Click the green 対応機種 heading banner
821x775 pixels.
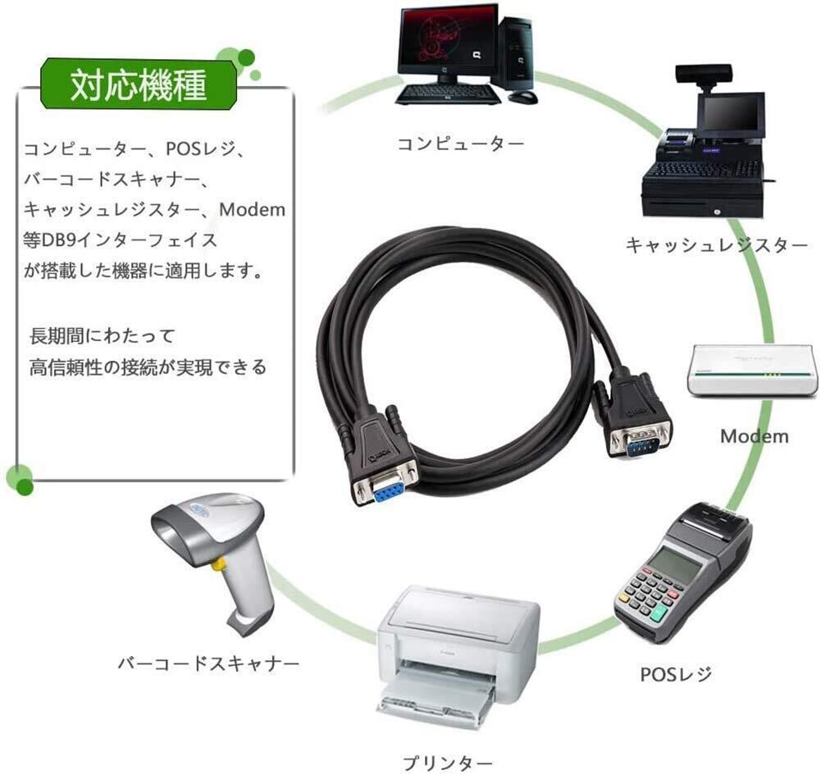coord(139,84)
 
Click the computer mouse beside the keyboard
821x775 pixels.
coord(522,96)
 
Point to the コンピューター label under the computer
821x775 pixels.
coord(461,144)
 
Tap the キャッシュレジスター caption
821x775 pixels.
coord(717,245)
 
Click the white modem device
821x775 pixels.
coord(752,370)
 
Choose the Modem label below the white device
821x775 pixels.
coord(755,436)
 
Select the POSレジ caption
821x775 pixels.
coord(676,674)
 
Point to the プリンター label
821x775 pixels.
coord(448,762)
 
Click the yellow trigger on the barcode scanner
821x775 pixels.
coord(218,564)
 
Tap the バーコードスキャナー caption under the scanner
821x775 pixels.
coord(208,663)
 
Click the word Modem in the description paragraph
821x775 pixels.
coord(253,209)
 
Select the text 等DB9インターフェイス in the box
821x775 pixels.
coord(121,240)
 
